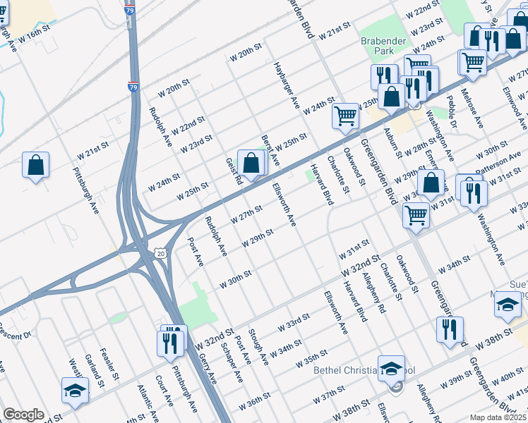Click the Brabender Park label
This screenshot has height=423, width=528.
(383, 47)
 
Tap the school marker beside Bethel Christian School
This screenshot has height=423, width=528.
(390, 368)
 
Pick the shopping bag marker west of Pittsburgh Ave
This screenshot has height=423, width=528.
(36, 166)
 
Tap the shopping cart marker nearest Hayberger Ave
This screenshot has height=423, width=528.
(346, 116)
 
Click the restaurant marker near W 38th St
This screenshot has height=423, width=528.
(450, 329)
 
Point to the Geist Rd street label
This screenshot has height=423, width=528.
(233, 171)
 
